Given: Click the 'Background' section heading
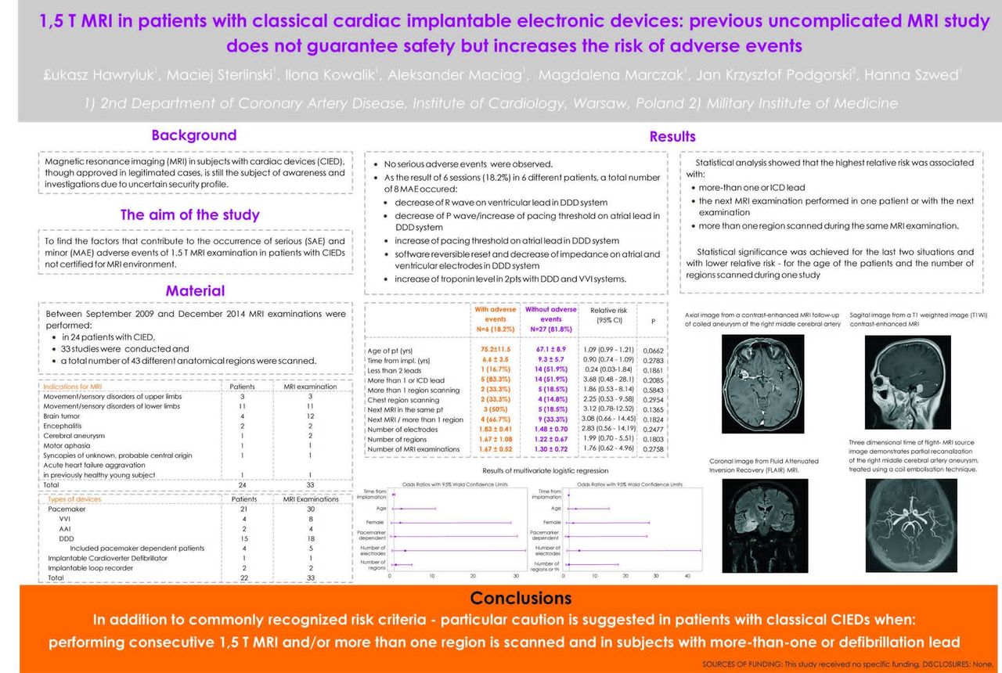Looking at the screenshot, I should click(x=193, y=135).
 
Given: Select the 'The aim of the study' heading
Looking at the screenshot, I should click(x=189, y=214).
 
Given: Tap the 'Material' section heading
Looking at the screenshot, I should click(x=195, y=291).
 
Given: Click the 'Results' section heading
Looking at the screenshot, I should click(x=672, y=137).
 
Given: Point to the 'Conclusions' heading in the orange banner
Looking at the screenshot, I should click(x=521, y=599).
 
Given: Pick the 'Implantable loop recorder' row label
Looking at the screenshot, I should click(x=90, y=568).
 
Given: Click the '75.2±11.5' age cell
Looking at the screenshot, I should click(x=495, y=349).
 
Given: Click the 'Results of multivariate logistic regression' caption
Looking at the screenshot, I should click(x=546, y=470).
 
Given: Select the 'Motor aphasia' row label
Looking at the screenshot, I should click(x=67, y=445).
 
